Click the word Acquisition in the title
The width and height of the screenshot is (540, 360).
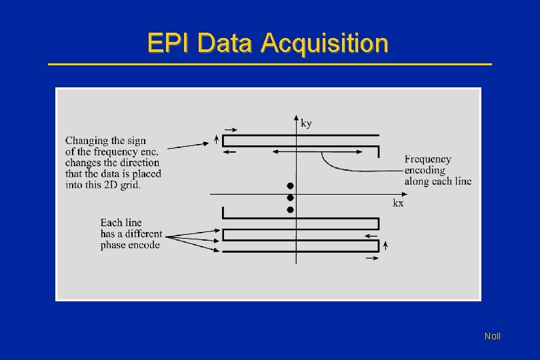click(325, 43)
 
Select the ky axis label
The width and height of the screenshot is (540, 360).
click(307, 123)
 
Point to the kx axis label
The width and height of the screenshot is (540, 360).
click(398, 203)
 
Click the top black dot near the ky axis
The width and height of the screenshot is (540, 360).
click(290, 185)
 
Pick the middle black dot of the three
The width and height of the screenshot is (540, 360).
click(290, 197)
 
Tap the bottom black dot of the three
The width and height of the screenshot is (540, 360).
click(290, 209)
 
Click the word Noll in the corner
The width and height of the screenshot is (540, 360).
click(493, 337)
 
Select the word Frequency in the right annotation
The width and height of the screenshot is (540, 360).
click(427, 159)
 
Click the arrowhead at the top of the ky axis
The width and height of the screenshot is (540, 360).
click(296, 117)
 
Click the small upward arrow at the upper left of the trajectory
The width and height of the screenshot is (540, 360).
click(217, 139)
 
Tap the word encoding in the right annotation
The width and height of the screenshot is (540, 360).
click(425, 170)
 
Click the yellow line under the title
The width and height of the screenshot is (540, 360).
click(270, 64)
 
